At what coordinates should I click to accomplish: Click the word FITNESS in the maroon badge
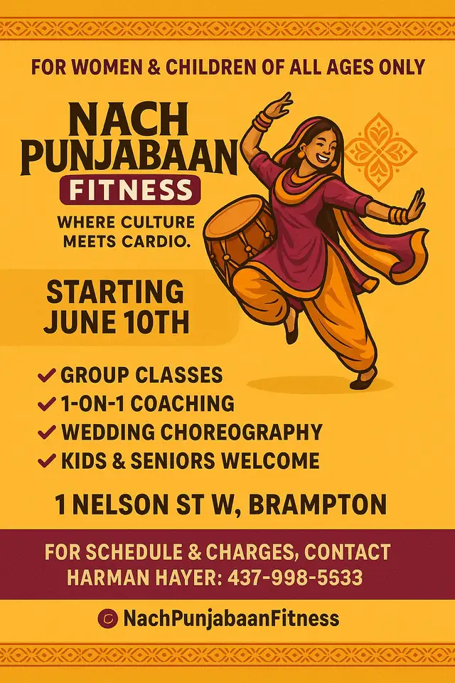(131, 190)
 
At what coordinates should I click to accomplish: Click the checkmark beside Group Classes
(47, 375)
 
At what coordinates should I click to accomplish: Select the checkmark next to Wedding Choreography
(47, 432)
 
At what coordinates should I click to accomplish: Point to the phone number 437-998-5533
(295, 578)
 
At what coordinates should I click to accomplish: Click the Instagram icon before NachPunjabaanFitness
(108, 618)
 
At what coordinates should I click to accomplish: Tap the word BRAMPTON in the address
(318, 504)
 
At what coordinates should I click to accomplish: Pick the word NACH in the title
(129, 120)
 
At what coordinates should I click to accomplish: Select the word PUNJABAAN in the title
(129, 157)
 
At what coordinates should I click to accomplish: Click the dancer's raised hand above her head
(278, 104)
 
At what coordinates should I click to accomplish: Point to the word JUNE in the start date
(79, 322)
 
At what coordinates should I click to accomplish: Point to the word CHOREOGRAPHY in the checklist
(241, 432)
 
